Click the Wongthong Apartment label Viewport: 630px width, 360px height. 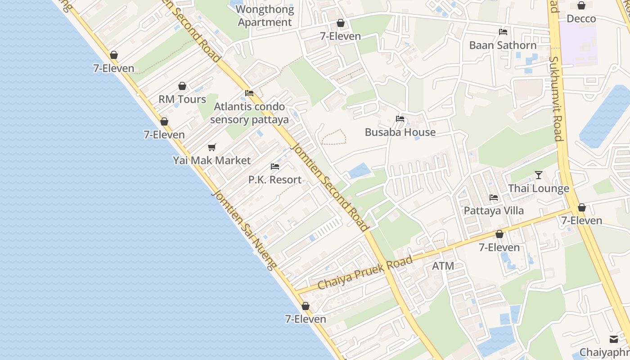pyautogui.click(x=265, y=16)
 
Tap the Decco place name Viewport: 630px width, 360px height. pyautogui.click(x=581, y=18)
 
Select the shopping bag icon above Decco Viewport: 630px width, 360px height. pyautogui.click(x=581, y=5)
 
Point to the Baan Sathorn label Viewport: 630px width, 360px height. pyautogui.click(x=503, y=45)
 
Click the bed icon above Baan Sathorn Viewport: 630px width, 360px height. pyautogui.click(x=503, y=32)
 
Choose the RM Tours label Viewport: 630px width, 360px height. pyautogui.click(x=182, y=99)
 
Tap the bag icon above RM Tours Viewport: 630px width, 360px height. pyautogui.click(x=182, y=86)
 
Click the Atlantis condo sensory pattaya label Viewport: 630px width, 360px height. pyautogui.click(x=249, y=113)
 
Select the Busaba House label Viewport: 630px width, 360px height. pyautogui.click(x=400, y=132)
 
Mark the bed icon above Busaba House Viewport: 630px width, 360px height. pyautogui.click(x=400, y=119)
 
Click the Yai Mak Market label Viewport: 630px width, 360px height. pyautogui.click(x=212, y=160)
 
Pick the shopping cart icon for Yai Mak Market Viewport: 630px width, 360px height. pyautogui.click(x=212, y=147)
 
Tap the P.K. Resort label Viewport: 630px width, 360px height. pyautogui.click(x=275, y=180)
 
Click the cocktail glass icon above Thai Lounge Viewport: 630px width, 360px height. pyautogui.click(x=539, y=175)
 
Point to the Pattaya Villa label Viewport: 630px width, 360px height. pyautogui.click(x=494, y=211)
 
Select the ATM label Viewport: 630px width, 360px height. pyautogui.click(x=443, y=266)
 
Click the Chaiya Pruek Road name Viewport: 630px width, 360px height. pyautogui.click(x=365, y=273)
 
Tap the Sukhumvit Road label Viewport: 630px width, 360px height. pyautogui.click(x=556, y=99)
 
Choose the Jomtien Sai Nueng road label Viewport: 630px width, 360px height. pyautogui.click(x=243, y=229)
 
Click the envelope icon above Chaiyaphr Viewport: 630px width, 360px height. pyautogui.click(x=614, y=339)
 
